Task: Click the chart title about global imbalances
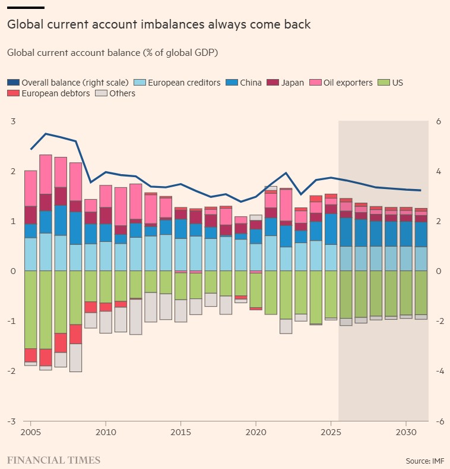159,24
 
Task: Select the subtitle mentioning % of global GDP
112,53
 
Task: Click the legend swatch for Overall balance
14,83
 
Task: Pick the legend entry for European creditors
177,83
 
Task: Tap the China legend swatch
232,83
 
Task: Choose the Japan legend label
292,83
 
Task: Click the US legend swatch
384,83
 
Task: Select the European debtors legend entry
49,93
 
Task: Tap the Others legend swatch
101,93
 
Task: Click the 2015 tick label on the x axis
180,432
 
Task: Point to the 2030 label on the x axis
406,432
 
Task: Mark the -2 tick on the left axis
12,371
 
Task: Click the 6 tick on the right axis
438,121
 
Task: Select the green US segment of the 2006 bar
46,310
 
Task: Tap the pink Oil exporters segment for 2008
75,181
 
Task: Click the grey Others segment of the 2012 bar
136,316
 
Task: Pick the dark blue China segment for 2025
331,229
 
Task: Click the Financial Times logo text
54,460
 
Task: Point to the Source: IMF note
424,461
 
